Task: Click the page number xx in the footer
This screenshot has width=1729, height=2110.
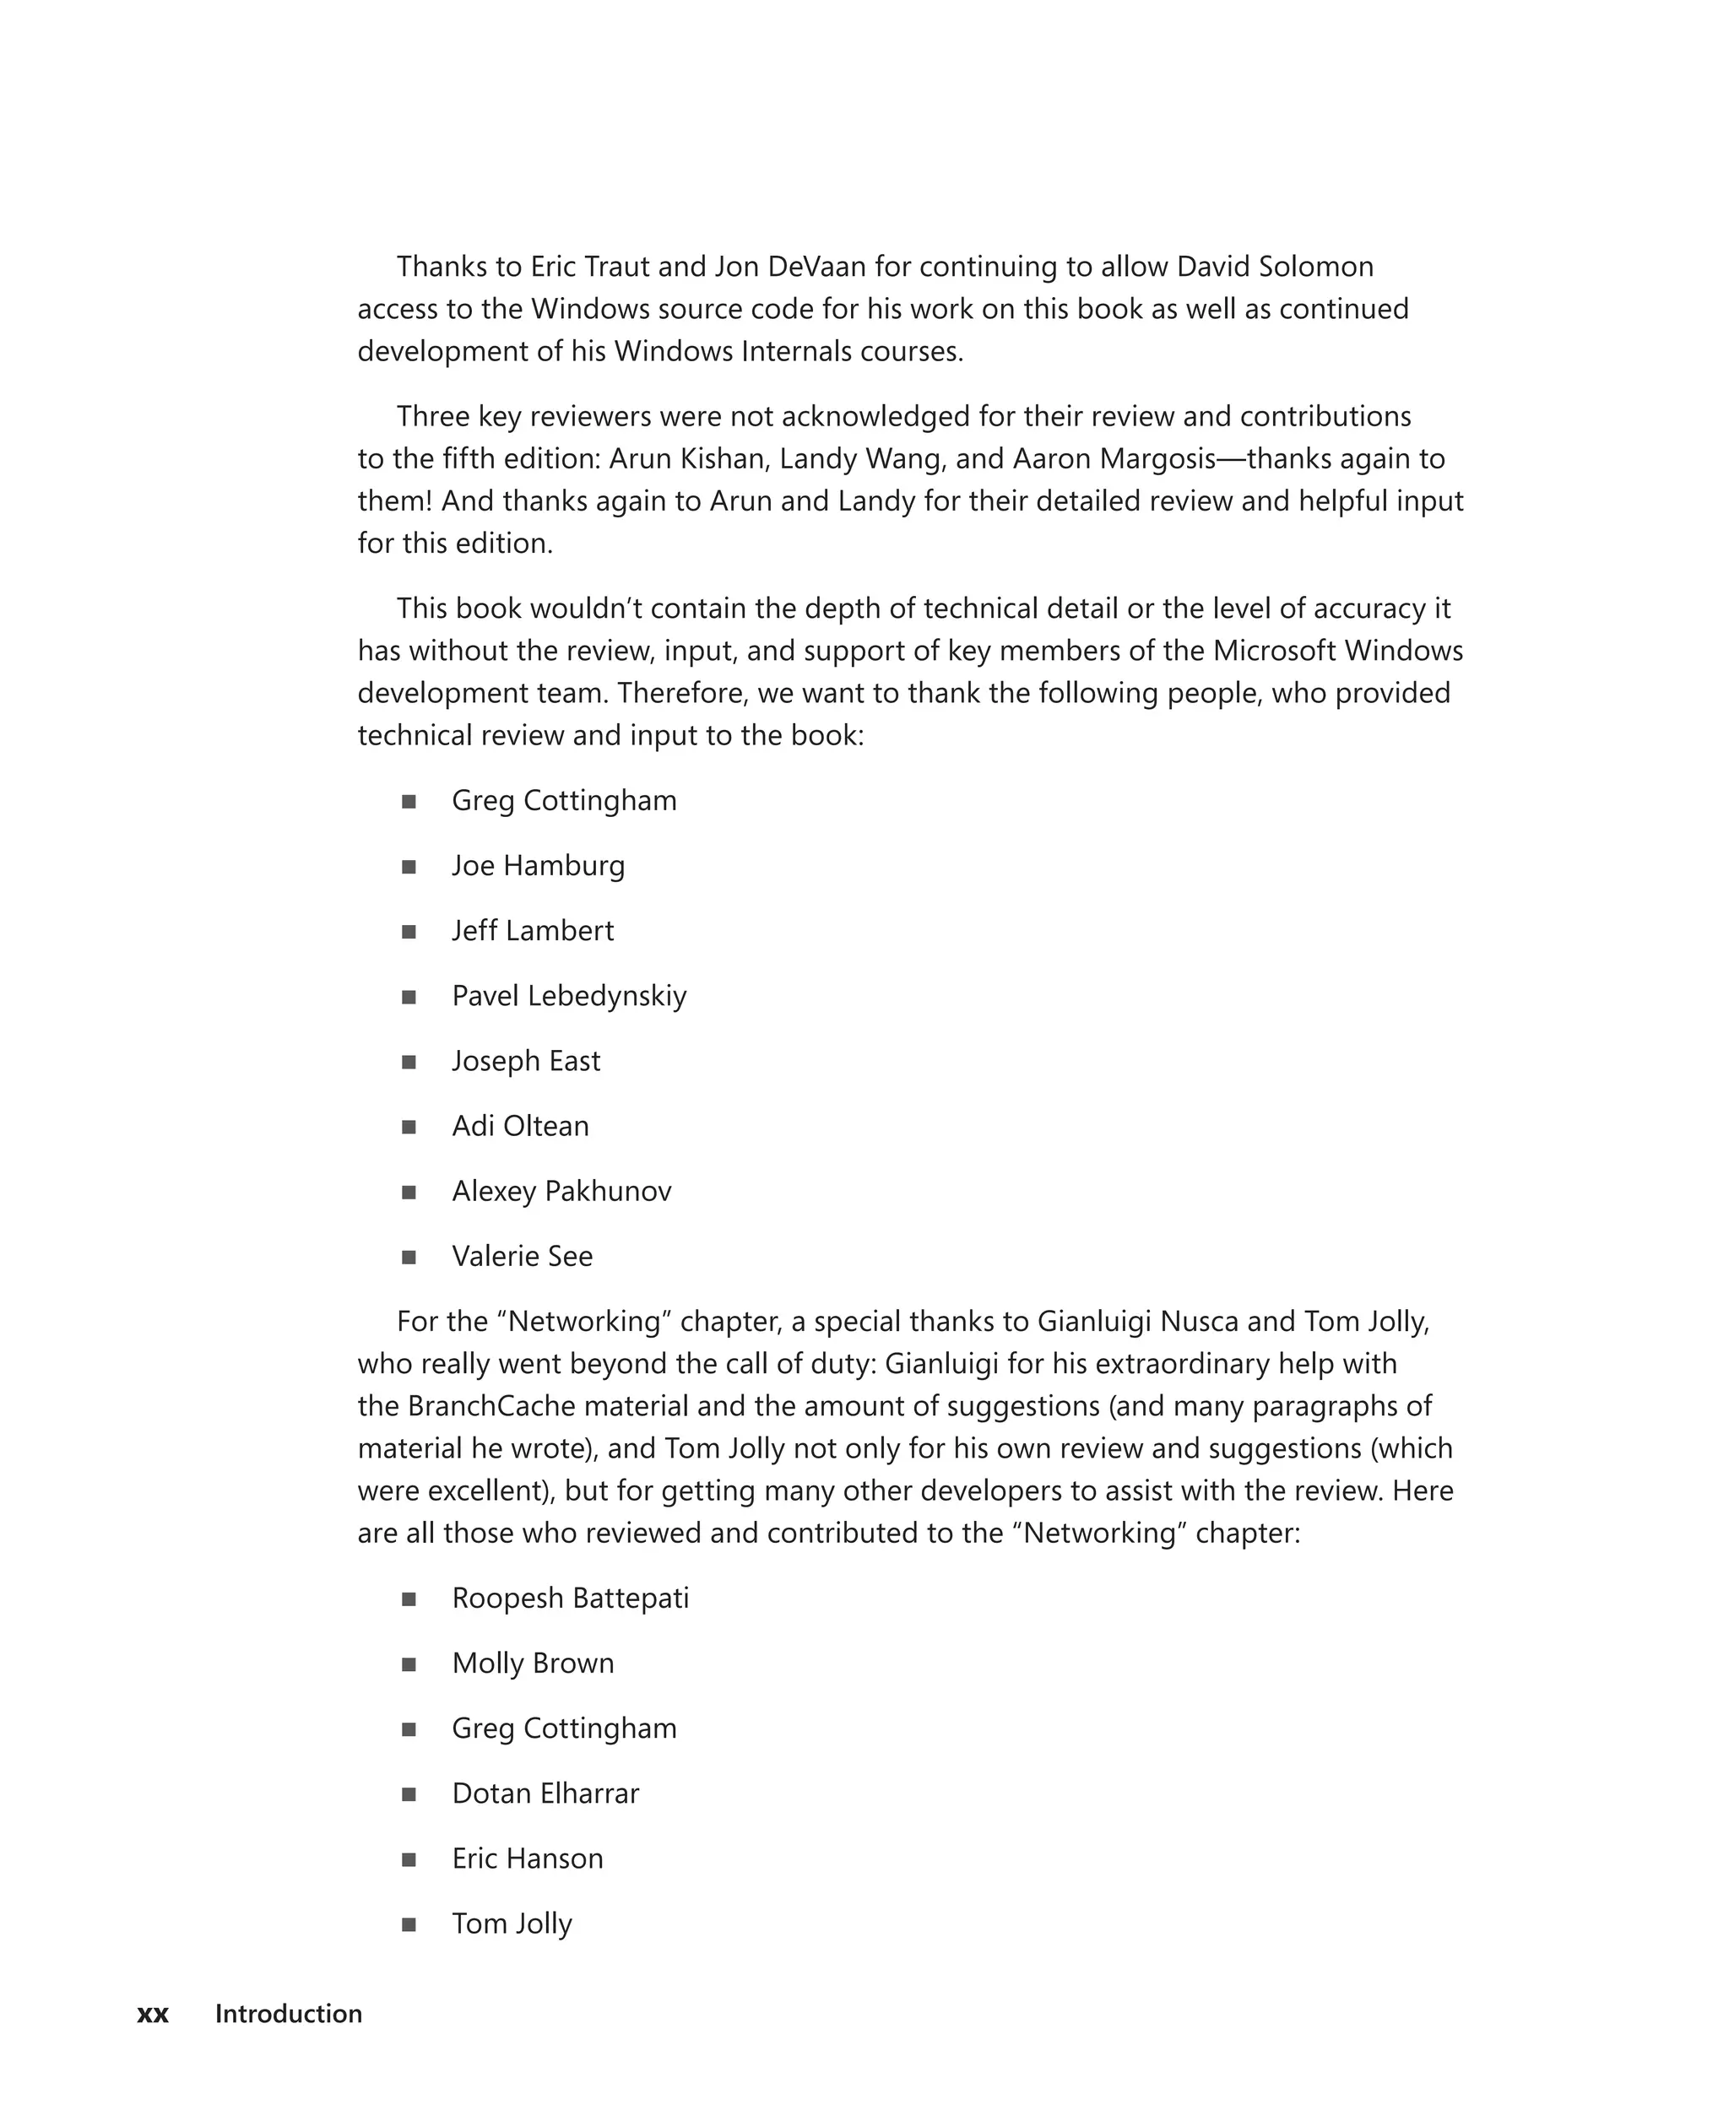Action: click(152, 2014)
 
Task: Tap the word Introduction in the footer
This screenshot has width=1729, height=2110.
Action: click(288, 2014)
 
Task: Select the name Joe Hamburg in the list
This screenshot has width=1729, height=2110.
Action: click(538, 865)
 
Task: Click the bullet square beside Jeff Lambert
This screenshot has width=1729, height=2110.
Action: click(409, 932)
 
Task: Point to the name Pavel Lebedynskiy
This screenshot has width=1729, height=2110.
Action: click(569, 996)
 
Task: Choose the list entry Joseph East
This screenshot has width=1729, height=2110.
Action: click(526, 1060)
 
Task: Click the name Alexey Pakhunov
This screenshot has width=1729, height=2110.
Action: click(561, 1191)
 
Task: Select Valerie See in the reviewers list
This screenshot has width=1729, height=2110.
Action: click(522, 1256)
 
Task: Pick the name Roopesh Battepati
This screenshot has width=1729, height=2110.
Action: click(570, 1599)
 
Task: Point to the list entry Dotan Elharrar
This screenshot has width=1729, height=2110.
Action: click(545, 1793)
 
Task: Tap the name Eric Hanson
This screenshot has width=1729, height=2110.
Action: click(527, 1858)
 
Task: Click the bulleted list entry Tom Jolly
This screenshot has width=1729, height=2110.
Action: click(512, 1923)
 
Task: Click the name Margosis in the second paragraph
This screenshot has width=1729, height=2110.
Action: click(1157, 459)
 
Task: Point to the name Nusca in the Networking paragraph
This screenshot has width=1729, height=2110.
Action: click(1199, 1322)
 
